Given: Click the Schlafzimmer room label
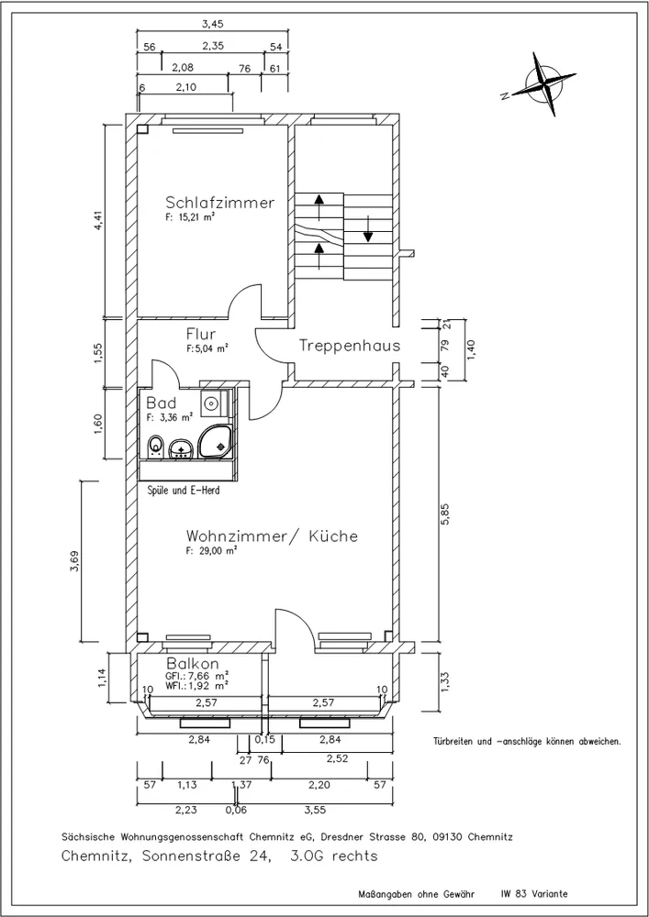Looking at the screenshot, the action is [220, 203].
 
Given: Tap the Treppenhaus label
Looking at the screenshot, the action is [350, 346].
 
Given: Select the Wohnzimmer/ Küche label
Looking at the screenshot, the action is [272, 536].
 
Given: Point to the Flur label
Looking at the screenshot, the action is [201, 334].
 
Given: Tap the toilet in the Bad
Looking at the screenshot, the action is [156, 447].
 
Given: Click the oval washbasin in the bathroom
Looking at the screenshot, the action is [182, 449].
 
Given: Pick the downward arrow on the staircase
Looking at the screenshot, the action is [367, 228].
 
